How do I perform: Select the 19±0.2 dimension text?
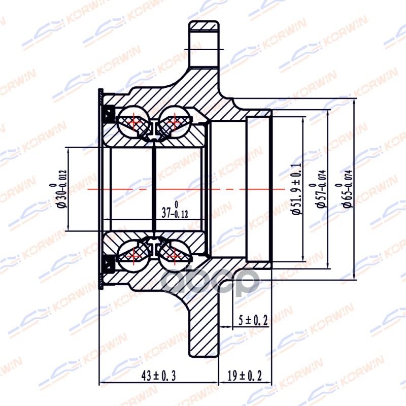click(245, 376)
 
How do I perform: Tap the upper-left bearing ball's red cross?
click(134, 122)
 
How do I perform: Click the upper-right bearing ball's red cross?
click(174, 122)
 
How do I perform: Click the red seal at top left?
click(108, 114)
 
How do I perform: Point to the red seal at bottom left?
click(108, 264)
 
